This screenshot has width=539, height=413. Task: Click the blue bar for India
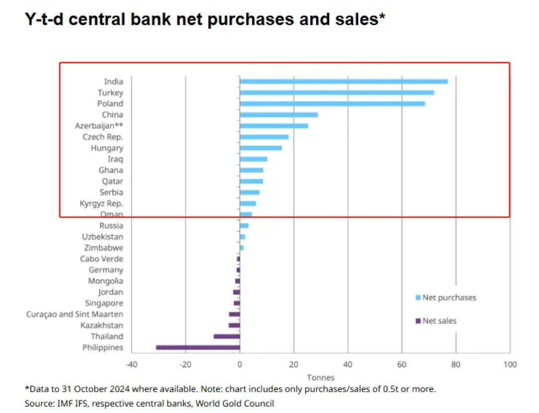[343, 82]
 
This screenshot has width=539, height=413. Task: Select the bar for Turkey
[336, 92]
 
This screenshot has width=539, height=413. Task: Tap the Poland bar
[332, 103]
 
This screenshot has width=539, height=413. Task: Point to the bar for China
[278, 115]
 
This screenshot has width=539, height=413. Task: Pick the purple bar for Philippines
[198, 347]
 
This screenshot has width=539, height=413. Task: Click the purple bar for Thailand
[226, 336]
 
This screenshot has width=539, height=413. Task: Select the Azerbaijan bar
[273, 126]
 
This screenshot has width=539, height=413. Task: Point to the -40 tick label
[131, 364]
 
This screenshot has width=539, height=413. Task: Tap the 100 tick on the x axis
[509, 364]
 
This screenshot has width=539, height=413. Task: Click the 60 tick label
[401, 364]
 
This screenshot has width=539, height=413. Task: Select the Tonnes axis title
[321, 377]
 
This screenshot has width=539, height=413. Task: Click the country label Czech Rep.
[103, 137]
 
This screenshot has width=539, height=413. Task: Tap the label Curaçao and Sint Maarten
[75, 314]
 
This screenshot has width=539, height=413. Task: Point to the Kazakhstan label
[102, 326]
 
